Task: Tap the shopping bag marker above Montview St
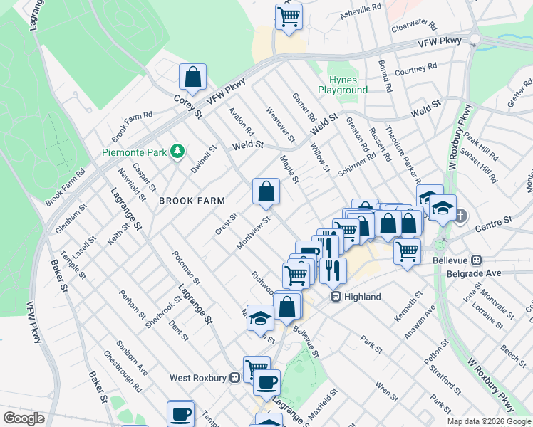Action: click(x=266, y=191)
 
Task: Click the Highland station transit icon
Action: click(x=336, y=297)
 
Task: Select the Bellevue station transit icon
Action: click(x=477, y=260)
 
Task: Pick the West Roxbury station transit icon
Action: click(x=235, y=378)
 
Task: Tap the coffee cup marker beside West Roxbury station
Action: click(x=266, y=382)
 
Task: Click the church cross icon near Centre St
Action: click(x=461, y=215)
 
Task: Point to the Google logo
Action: click(x=24, y=418)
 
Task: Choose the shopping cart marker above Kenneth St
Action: click(x=406, y=251)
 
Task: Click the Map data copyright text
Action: click(x=489, y=421)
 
